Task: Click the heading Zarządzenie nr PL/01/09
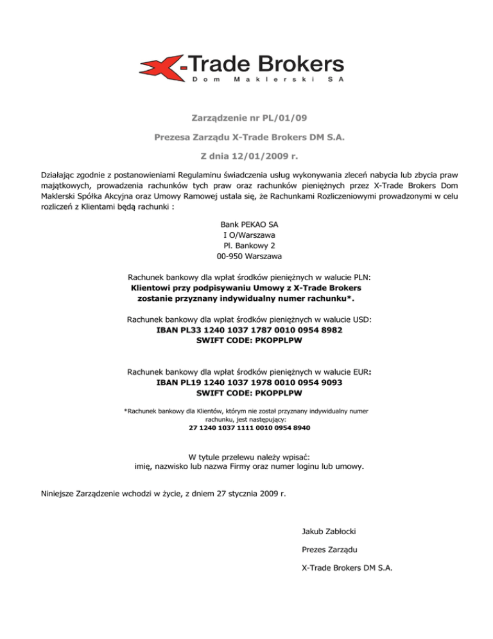246,118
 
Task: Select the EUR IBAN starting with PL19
249,382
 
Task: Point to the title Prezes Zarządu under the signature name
329,550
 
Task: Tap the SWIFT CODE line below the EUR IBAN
249,392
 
